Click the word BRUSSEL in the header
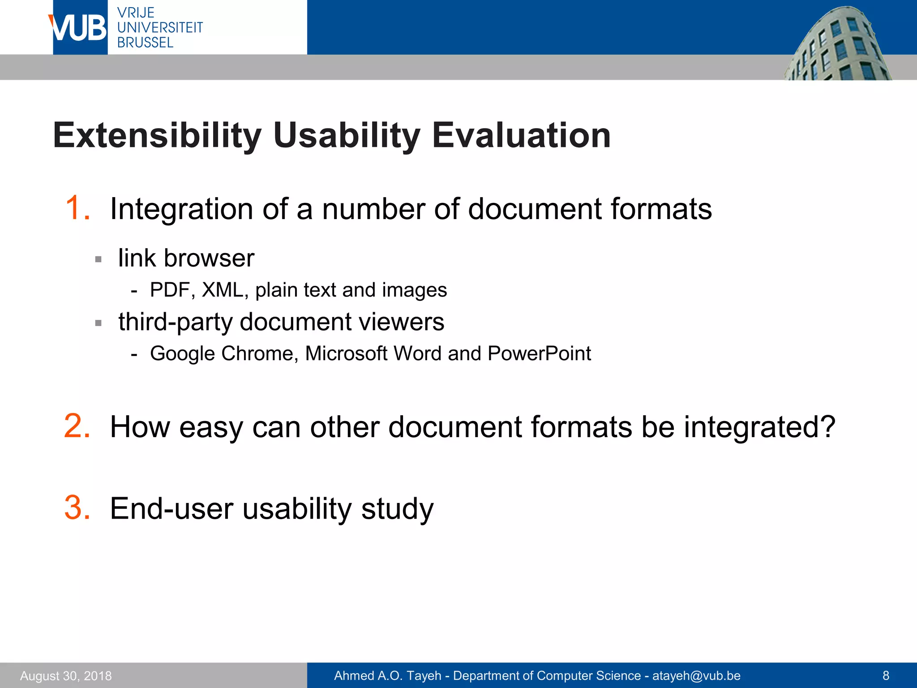(145, 43)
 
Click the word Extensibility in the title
(157, 135)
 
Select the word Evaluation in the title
(521, 135)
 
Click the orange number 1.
(77, 208)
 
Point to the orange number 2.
(77, 426)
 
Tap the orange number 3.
(77, 508)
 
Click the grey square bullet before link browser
(99, 259)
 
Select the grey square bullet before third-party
(99, 323)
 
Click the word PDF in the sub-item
(170, 290)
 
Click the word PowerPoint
(539, 353)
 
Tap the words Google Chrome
(222, 353)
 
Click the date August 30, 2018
(66, 675)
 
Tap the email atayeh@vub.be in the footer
(696, 675)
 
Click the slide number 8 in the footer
(886, 675)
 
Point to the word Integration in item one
(182, 209)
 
